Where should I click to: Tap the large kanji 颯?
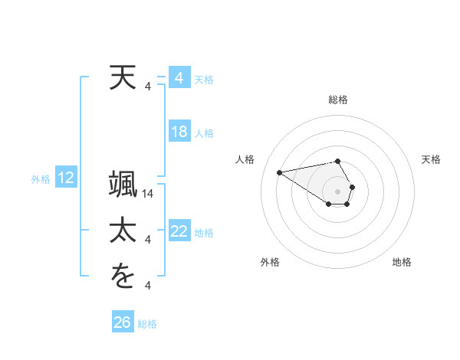[123, 185]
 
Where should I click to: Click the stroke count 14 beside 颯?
[149, 194]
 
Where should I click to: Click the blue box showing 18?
[179, 132]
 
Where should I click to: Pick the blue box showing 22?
[179, 231]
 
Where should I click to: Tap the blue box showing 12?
[66, 178]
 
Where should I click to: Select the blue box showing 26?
[122, 322]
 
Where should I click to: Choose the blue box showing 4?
[179, 78]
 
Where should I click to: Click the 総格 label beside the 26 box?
[147, 324]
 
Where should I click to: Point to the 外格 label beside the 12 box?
[41, 179]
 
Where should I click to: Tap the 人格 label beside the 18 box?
[204, 133]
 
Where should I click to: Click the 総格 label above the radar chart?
[338, 100]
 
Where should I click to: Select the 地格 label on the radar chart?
[402, 262]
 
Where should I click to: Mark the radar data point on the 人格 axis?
[279, 172]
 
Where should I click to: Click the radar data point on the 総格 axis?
[338, 161]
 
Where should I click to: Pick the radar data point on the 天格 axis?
[352, 187]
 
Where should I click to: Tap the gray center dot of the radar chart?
[338, 191]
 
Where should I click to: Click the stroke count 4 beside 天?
[148, 87]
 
